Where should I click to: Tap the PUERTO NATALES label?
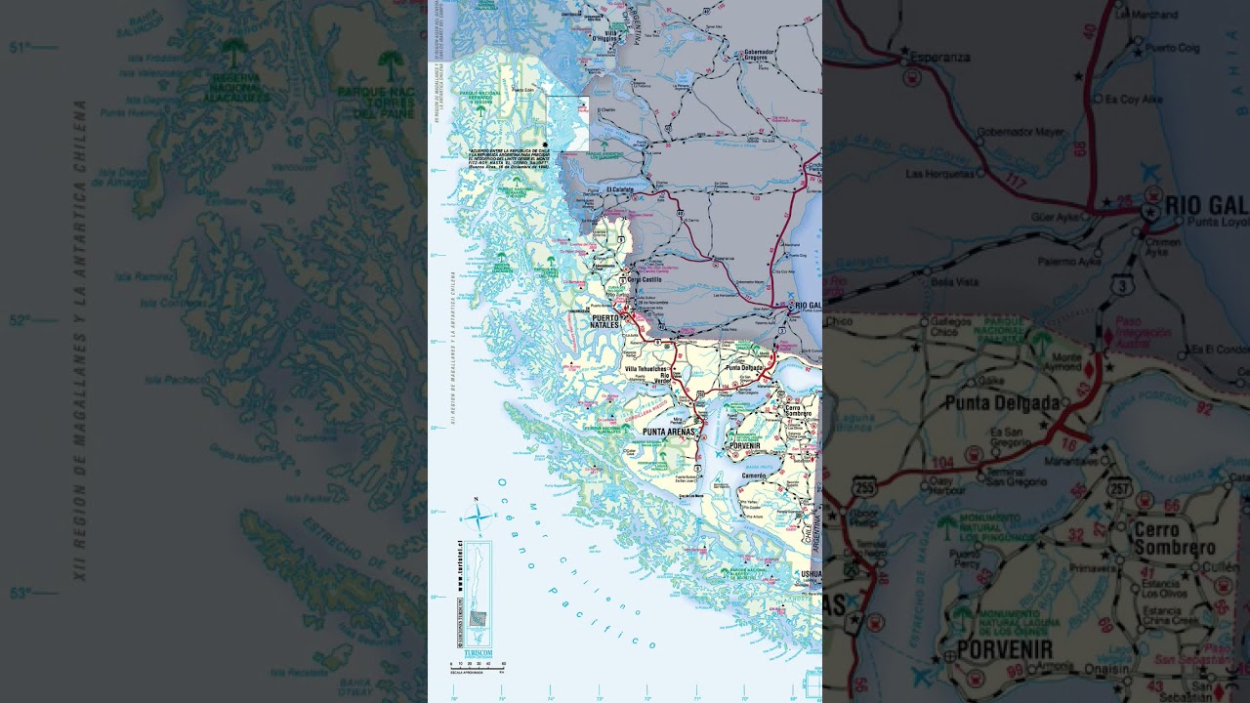pyautogui.click(x=606, y=321)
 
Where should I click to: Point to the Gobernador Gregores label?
pyautogui.click(x=759, y=55)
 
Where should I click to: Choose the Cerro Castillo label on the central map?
pyautogui.click(x=645, y=280)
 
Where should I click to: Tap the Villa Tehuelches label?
pyautogui.click(x=645, y=369)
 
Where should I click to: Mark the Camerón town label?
pyautogui.click(x=754, y=476)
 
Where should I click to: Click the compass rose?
pyautogui.click(x=479, y=517)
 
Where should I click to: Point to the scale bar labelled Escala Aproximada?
pyautogui.click(x=476, y=666)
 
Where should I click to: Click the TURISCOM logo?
pyautogui.click(x=479, y=652)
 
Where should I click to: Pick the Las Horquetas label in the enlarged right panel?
pyautogui.click(x=940, y=174)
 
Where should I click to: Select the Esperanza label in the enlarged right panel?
pyautogui.click(x=940, y=57)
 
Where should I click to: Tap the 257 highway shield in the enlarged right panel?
pyautogui.click(x=1120, y=487)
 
